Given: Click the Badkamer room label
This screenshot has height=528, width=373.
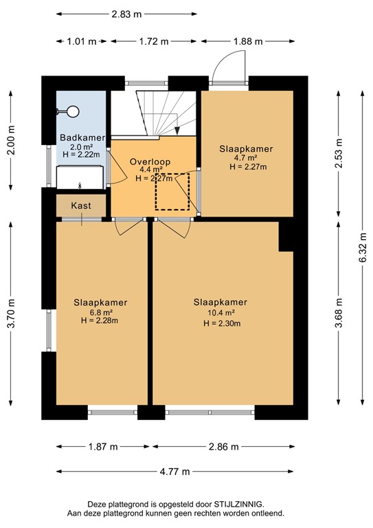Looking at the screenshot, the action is pos(82,137).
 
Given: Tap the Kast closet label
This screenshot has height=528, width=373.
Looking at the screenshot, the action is pos(81,206).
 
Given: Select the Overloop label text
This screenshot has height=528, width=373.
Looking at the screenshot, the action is pos(150,162).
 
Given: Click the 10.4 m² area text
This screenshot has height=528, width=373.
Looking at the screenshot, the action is pos(221,313).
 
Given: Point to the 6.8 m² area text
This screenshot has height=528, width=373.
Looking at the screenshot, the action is pos(99,312).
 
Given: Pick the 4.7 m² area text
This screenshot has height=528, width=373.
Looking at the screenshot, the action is pos(245,158).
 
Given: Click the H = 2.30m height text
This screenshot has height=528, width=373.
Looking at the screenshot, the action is pos(222,324).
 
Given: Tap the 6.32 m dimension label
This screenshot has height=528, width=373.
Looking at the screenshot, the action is pos(363,247).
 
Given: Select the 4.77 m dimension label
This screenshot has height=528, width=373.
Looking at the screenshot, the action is pos(175,472).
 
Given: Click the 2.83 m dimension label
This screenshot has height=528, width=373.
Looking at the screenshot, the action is pos(126,14).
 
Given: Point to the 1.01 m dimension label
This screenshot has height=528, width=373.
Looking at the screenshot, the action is pos(82,41).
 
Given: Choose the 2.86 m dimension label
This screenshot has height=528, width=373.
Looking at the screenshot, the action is pos(224,447).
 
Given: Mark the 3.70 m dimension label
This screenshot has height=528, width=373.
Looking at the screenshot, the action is pos(11,313).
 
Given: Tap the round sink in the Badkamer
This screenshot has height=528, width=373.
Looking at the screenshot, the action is pos(73,111).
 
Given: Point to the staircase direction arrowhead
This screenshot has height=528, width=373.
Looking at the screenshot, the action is pos(177,131).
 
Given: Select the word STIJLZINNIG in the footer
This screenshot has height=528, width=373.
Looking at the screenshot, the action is pos(238,505).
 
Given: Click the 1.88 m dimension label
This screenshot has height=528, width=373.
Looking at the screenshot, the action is pos(248,41).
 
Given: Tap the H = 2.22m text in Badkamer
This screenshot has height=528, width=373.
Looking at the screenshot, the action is pos(81,155).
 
